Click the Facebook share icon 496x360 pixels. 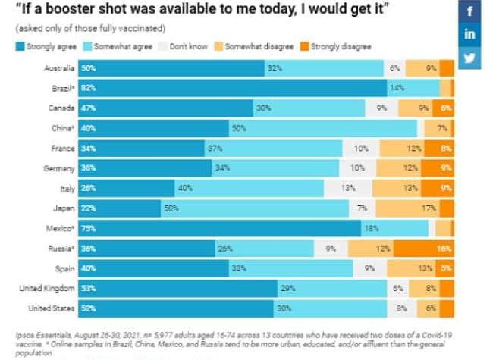[x=469, y=12]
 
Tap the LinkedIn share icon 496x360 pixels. [x=469, y=35]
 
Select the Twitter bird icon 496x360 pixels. [x=469, y=58]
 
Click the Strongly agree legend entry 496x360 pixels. [x=47, y=47]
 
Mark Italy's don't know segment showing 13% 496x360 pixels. [x=348, y=188]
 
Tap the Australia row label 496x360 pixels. [x=57, y=68]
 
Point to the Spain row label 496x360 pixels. [x=63, y=268]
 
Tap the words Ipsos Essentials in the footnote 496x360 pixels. [x=37, y=333]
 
